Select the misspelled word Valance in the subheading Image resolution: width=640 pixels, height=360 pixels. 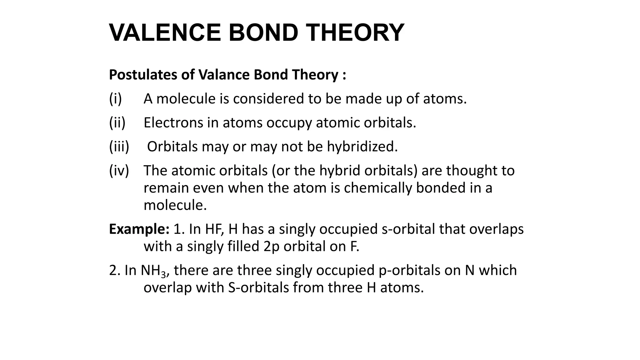point(224,75)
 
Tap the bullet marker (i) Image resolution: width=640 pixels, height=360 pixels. point(115,99)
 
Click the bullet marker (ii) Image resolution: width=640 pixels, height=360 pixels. point(117,122)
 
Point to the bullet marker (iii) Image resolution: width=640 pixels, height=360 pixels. point(119,147)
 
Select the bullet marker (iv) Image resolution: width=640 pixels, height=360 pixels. point(119,171)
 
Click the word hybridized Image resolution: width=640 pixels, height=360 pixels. point(362,147)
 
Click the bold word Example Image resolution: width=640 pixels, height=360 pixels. point(139,229)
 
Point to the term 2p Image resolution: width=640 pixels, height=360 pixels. point(271,247)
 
